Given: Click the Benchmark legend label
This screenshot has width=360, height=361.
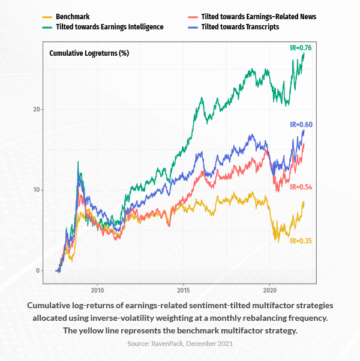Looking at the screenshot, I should pos(73,17).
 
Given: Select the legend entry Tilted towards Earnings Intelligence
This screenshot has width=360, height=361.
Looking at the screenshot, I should pos(109,27).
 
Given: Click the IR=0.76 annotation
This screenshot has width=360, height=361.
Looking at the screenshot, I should pos(301,47).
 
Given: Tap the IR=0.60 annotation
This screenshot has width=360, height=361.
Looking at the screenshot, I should pos(301,125).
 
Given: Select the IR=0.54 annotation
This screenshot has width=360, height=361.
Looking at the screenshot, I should pos(301,187).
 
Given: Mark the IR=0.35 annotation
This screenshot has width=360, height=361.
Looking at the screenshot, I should pos(301,240).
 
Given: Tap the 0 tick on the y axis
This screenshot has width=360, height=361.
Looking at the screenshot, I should pos(37,270).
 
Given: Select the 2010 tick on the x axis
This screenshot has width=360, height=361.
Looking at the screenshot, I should pos(97,288).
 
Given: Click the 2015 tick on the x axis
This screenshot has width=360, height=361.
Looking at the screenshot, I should pos(184,288).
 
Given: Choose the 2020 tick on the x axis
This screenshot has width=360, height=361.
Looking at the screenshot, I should pos(269,288).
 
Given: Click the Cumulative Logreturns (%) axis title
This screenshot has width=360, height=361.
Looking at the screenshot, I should pos(89,53).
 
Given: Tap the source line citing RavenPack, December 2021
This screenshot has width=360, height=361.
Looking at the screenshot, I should pos(180,343).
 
